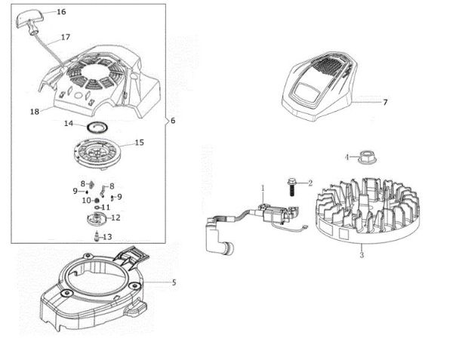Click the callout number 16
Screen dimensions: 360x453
point(61,12)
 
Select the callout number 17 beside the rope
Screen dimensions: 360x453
point(65,37)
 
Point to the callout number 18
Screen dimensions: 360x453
point(34,112)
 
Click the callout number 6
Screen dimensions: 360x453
point(174,121)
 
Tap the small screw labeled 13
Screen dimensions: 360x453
point(97,236)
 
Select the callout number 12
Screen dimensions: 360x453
point(116,217)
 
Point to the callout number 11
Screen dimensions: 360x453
point(106,207)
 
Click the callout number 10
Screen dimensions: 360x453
point(85,201)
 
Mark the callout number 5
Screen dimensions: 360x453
point(174,283)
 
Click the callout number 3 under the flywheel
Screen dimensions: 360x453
point(362,256)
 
